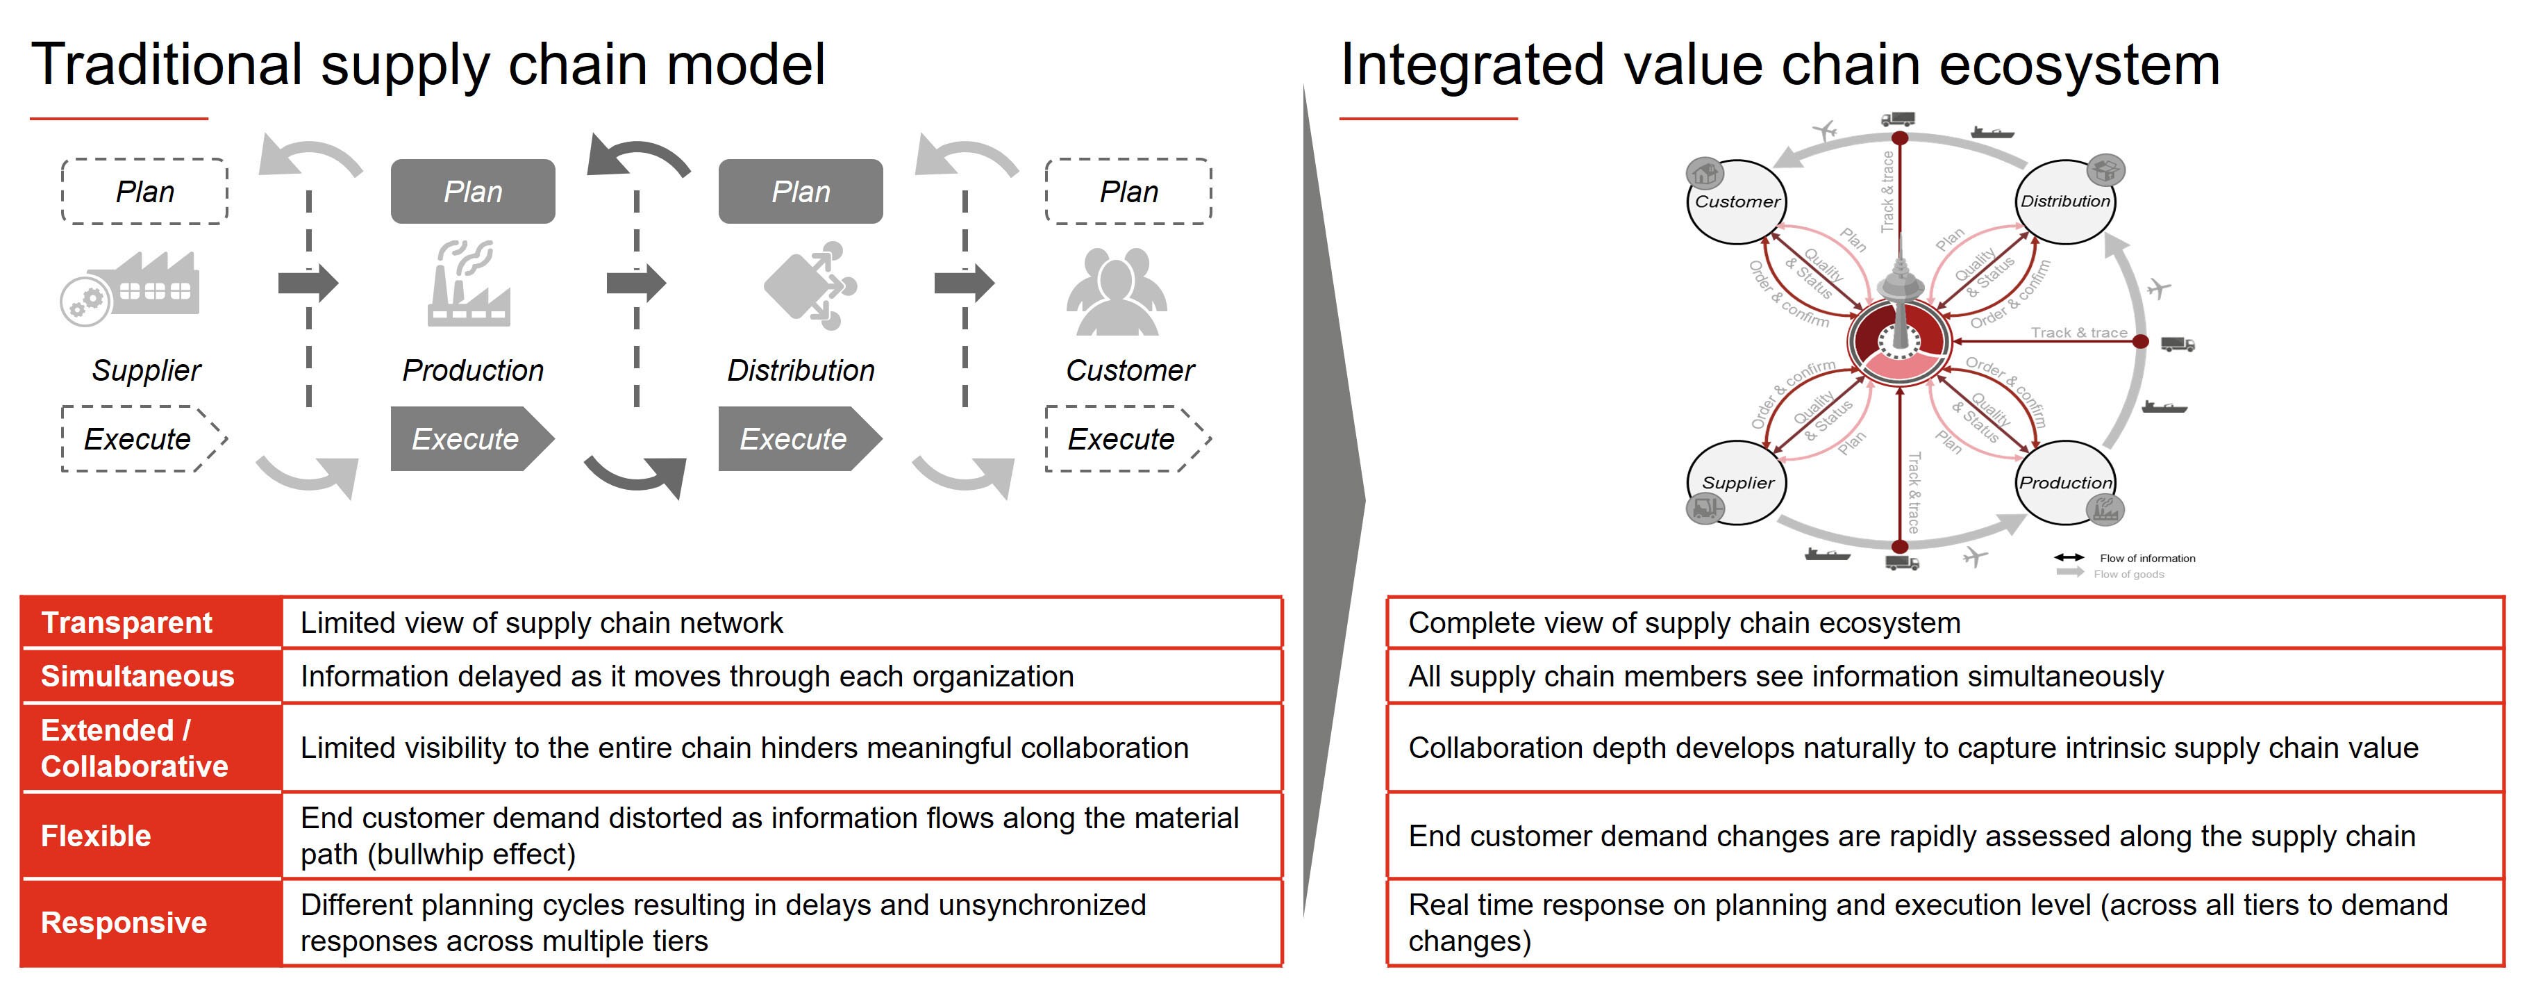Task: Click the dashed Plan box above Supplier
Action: (x=144, y=192)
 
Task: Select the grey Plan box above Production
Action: (x=472, y=192)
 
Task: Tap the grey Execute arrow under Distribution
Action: (x=799, y=438)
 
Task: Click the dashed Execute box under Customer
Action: (x=1127, y=438)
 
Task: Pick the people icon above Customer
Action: (x=1117, y=292)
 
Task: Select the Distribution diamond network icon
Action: (x=810, y=286)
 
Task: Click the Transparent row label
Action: (x=126, y=623)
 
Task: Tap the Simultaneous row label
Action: (x=137, y=676)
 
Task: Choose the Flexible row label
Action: (x=97, y=836)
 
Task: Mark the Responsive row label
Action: (x=124, y=923)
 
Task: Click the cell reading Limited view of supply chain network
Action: (x=541, y=623)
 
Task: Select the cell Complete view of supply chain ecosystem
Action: (x=1684, y=623)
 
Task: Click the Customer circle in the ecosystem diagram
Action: (x=1736, y=201)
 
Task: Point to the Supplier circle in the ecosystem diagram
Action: (x=1736, y=482)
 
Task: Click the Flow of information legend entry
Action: (x=2125, y=558)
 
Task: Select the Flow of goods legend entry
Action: (x=2111, y=574)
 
